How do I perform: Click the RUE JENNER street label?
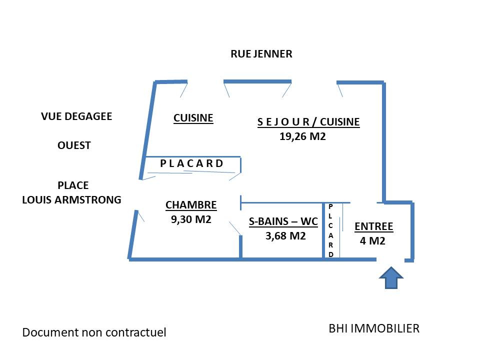pyautogui.click(x=261, y=54)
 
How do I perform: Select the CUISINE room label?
pyautogui.click(x=193, y=118)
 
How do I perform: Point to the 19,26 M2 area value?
pyautogui.click(x=302, y=135)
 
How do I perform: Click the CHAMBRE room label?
pyautogui.click(x=191, y=205)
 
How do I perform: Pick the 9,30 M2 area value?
pyautogui.click(x=191, y=219)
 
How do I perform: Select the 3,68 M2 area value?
pyautogui.click(x=285, y=236)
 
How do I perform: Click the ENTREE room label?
pyautogui.click(x=373, y=226)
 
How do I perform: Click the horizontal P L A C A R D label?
pyautogui.click(x=191, y=163)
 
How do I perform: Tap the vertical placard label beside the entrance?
pyautogui.click(x=331, y=230)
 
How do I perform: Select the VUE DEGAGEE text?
pyautogui.click(x=76, y=116)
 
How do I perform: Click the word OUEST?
pyautogui.click(x=74, y=145)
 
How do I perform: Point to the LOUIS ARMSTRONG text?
pyautogui.click(x=71, y=200)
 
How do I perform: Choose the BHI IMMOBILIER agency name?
pyautogui.click(x=374, y=328)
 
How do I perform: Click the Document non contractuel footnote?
pyautogui.click(x=94, y=332)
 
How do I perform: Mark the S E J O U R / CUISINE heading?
pyautogui.click(x=308, y=122)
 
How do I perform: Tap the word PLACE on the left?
pyautogui.click(x=73, y=185)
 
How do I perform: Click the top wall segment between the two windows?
pyautogui.click(x=257, y=81)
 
